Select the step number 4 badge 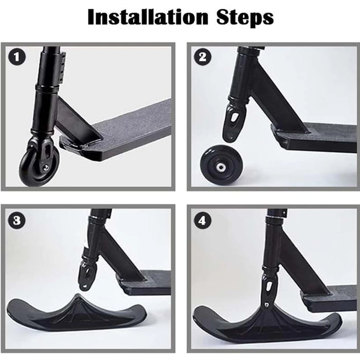(202, 221)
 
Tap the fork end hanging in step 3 (87, 275)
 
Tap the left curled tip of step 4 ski (202, 314)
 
